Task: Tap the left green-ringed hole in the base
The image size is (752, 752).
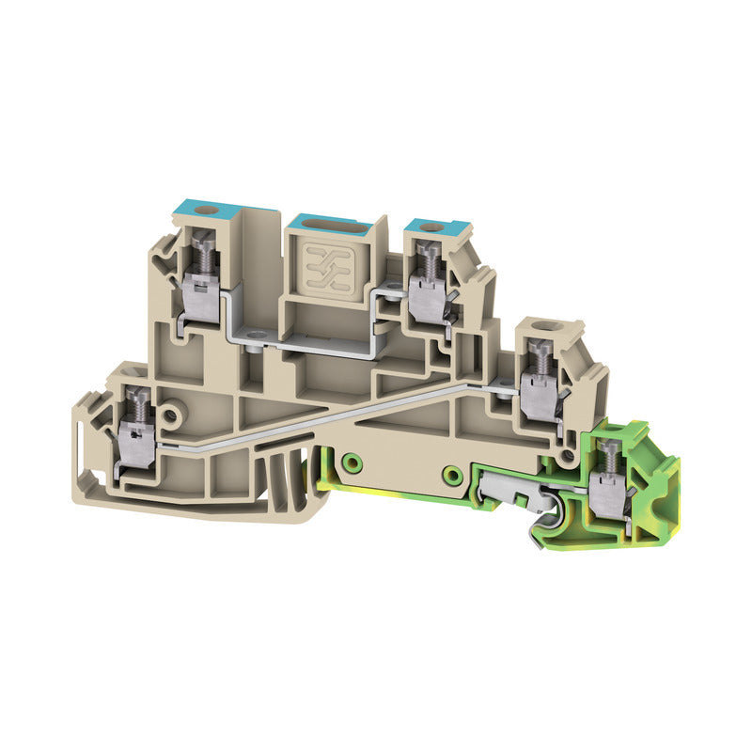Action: click(351, 462)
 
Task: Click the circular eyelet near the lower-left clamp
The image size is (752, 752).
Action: click(170, 414)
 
